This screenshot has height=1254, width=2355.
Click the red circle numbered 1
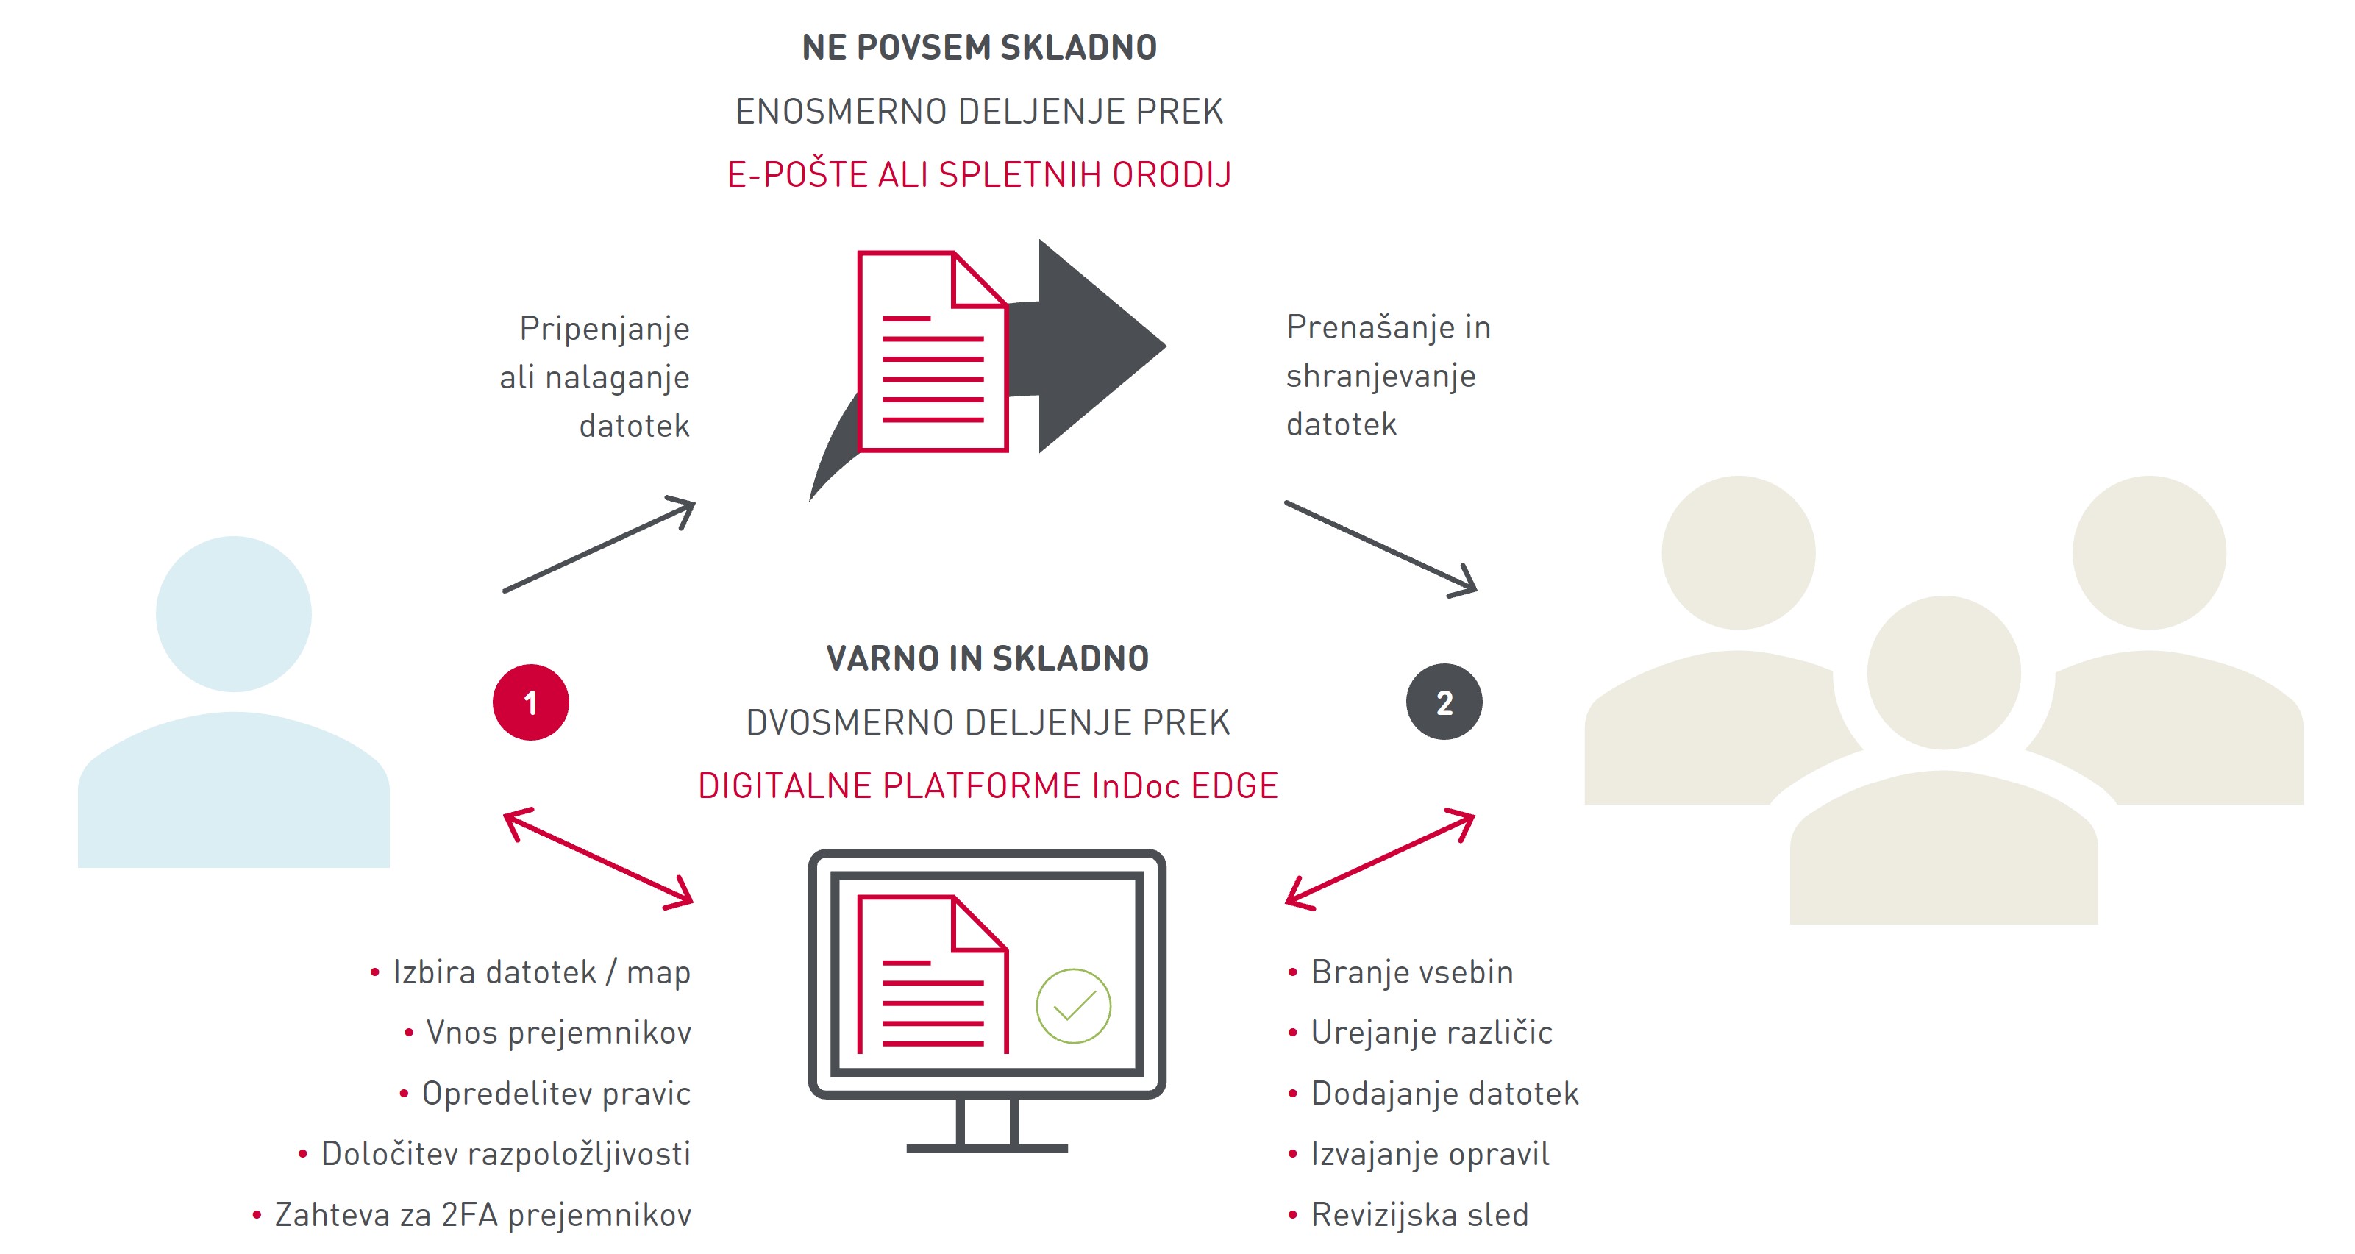[x=530, y=702]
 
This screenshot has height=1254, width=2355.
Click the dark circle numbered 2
[x=1444, y=702]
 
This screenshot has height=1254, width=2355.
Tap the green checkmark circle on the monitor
[x=1073, y=1005]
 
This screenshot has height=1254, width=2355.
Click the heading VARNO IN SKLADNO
[x=987, y=658]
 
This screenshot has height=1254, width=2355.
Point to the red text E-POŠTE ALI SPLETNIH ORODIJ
[x=979, y=174]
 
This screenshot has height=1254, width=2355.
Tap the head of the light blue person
[x=233, y=613]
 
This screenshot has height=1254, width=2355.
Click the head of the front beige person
[x=1944, y=673]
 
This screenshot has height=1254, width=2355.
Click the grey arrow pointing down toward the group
[x=1381, y=549]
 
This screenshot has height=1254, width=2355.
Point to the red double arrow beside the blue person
[x=599, y=858]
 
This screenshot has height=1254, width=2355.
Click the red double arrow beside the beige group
[x=1380, y=859]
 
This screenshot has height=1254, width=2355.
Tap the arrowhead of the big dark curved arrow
[x=1102, y=346]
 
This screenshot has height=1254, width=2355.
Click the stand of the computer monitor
[x=986, y=1126]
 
